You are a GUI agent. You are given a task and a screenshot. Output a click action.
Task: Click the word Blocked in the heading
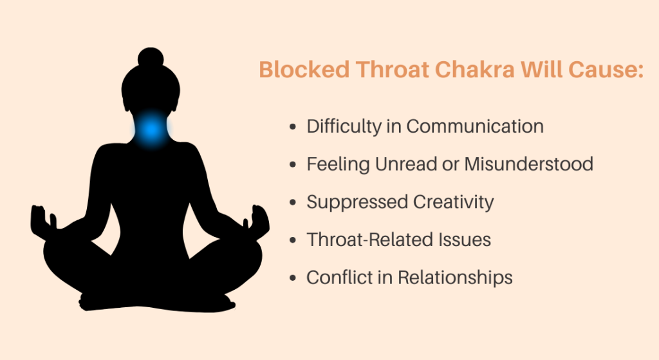[304, 70]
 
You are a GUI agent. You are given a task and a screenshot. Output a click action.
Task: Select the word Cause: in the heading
[606, 70]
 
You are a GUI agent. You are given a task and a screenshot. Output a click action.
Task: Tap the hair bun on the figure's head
[151, 57]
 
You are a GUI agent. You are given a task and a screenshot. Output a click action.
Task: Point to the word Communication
[475, 126]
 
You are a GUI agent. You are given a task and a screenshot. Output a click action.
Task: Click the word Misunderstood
[529, 164]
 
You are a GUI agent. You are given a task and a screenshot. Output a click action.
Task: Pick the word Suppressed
[357, 202]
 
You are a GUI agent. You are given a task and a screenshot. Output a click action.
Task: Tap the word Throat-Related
[370, 240]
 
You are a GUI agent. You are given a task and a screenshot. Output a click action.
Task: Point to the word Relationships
[455, 278]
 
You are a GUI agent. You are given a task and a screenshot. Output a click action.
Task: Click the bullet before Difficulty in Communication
[293, 127]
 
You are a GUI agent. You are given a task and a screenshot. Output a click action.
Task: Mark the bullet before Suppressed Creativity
[293, 202]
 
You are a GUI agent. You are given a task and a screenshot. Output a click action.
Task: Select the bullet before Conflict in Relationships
[293, 278]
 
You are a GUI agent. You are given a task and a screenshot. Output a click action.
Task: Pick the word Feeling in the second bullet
[338, 165]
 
